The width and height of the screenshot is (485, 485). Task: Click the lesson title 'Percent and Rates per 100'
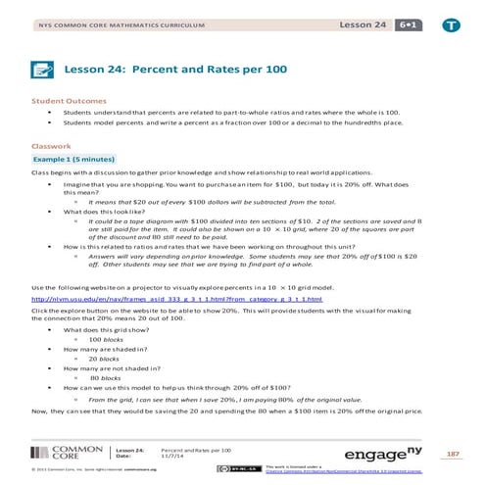click(181, 69)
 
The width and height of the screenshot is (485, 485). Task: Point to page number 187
click(452, 454)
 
